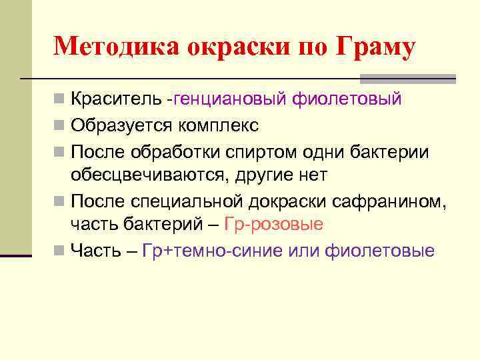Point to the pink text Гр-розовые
(275, 224)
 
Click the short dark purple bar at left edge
(16, 255)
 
